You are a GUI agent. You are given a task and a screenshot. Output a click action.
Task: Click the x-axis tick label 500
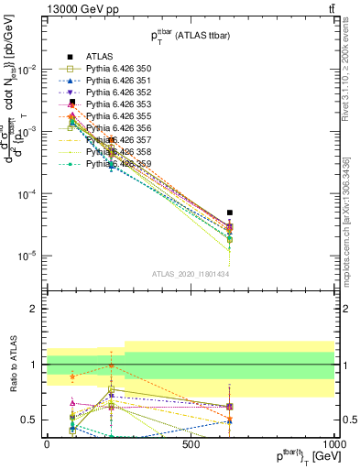[x=191, y=443]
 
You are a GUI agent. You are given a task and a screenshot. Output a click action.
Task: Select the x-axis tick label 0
[x=47, y=443]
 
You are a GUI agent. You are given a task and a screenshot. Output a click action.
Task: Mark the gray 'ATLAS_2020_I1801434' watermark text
[x=191, y=274]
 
